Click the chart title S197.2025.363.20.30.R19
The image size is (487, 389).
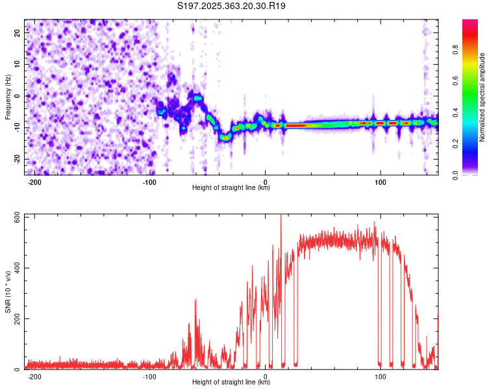tap(231, 6)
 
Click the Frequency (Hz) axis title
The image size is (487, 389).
tap(8, 97)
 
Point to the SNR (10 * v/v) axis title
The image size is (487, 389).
tap(8, 292)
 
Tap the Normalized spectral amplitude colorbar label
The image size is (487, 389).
tap(482, 97)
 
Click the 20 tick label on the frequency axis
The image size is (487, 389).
tap(17, 33)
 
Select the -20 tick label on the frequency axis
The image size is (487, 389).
tap(17, 159)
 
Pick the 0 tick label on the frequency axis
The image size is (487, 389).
tap(17, 96)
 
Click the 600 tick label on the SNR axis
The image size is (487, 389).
tap(17, 217)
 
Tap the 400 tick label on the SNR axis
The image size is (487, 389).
tap(17, 268)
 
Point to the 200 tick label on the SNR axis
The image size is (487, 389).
tap(17, 318)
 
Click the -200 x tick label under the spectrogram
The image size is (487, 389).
tap(34, 182)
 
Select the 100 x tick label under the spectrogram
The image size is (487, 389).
tap(380, 182)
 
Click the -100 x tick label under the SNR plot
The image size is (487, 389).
tap(149, 377)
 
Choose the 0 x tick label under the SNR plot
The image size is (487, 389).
tap(265, 377)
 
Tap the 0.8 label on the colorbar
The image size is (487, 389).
tap(455, 50)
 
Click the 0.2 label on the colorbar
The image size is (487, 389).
tap(455, 144)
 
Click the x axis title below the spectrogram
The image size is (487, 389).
tap(231, 187)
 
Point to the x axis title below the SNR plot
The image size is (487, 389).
tap(231, 382)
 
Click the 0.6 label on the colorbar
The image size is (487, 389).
tap(455, 81)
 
